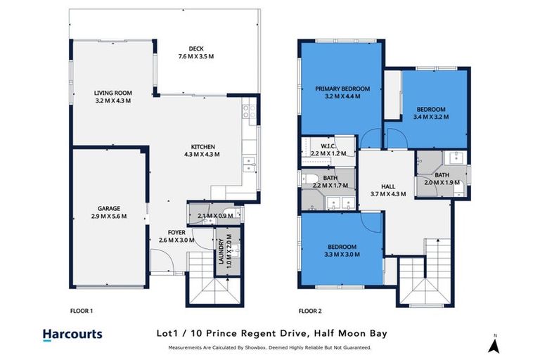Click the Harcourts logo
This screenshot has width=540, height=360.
tap(72, 335)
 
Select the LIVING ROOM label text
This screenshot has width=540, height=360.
tap(113, 93)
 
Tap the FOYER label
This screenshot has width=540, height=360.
tap(176, 233)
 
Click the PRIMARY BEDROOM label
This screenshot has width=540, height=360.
tap(342, 89)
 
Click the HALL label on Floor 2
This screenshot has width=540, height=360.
tap(387, 186)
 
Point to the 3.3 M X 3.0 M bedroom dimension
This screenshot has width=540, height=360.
tap(342, 254)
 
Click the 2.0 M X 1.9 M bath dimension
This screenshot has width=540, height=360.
tap(442, 182)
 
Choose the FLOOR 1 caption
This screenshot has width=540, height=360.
tap(82, 310)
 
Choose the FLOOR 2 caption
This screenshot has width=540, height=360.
tap(310, 310)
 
